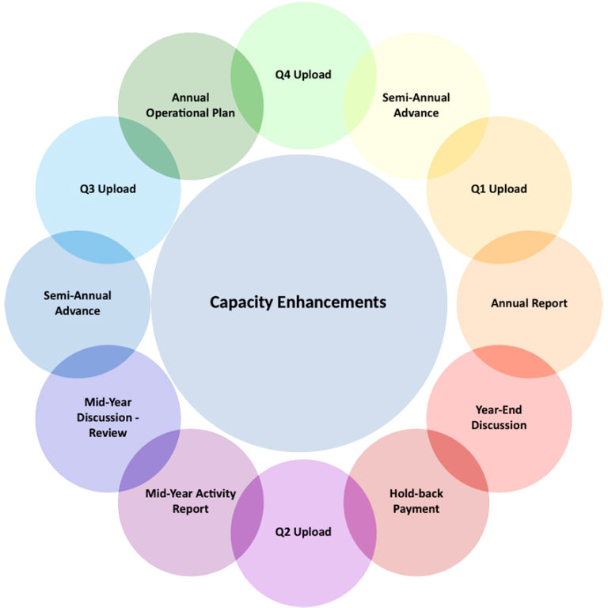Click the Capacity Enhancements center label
tap(298, 302)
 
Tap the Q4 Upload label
tap(303, 74)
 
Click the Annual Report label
tap(529, 303)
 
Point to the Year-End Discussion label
tap(499, 417)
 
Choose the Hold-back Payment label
tap(416, 501)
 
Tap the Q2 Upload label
tap(303, 532)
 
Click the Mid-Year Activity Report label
tap(190, 501)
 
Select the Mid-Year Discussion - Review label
tap(108, 417)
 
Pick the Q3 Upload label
tap(108, 188)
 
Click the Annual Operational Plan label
tap(190, 105)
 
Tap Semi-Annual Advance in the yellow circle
tap(416, 105)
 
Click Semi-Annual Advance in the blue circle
tap(78, 303)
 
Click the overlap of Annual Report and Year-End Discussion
tap(514, 360)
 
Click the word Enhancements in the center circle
tap(340, 302)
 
